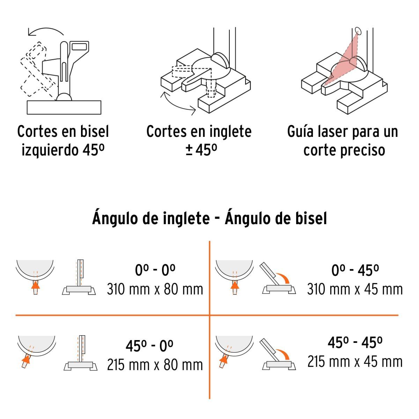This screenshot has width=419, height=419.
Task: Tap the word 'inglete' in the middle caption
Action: pyautogui.click(x=230, y=132)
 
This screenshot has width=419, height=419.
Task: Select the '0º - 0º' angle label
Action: pyautogui.click(x=155, y=270)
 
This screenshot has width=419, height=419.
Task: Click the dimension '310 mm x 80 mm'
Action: pyautogui.click(x=155, y=289)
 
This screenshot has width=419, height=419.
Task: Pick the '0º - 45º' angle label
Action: pyautogui.click(x=355, y=270)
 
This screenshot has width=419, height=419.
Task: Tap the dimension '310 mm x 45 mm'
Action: pyautogui.click(x=355, y=289)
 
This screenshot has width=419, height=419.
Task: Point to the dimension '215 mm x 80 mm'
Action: pyautogui.click(x=155, y=365)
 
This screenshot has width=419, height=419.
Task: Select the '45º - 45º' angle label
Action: pyautogui.click(x=355, y=343)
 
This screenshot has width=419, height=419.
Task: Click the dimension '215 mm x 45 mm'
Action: pyautogui.click(x=355, y=361)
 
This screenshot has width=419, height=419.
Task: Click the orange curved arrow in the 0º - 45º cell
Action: pyautogui.click(x=282, y=278)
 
